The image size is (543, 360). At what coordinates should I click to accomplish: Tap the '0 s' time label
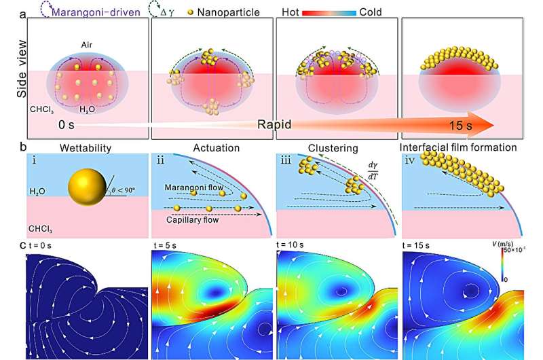(71, 126)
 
